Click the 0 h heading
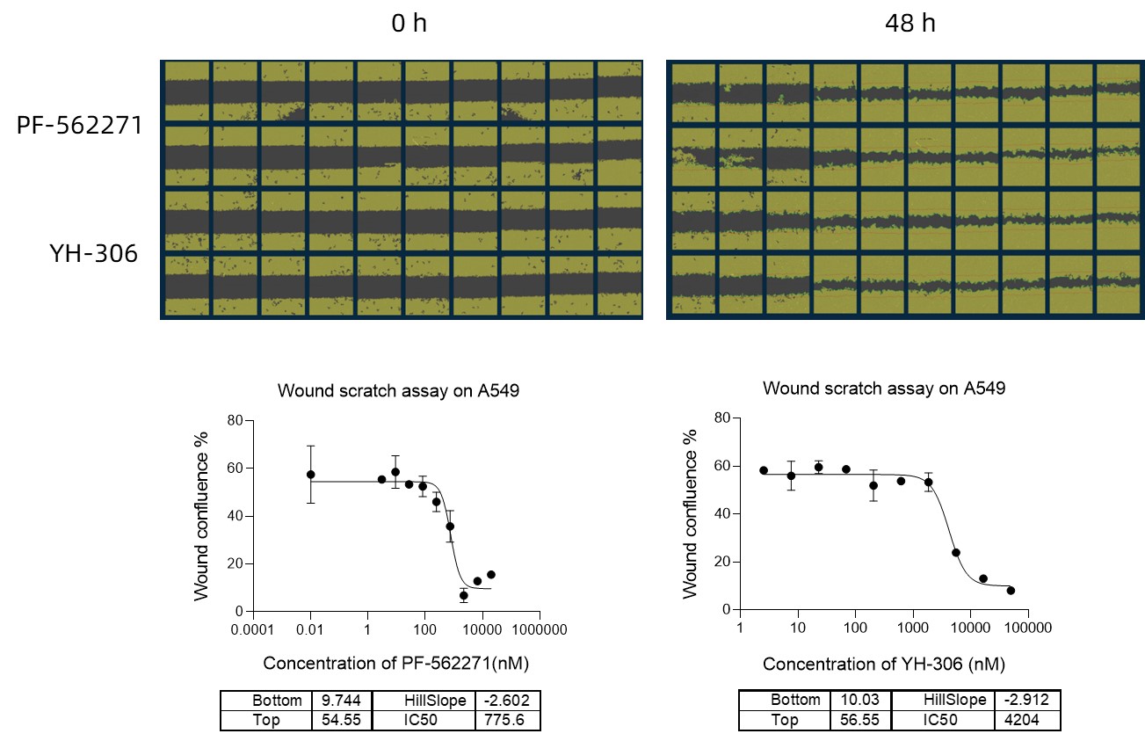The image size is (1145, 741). click(x=409, y=24)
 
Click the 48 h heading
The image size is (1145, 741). click(x=910, y=24)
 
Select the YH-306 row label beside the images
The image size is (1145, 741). click(x=94, y=255)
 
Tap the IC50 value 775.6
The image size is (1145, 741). click(x=507, y=720)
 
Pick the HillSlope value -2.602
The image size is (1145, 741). click(x=507, y=701)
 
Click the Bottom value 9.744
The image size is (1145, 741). click(x=337, y=701)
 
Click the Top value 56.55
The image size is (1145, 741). click(x=856, y=720)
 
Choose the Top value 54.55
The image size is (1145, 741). click(x=337, y=720)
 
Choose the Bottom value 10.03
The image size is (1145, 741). click(x=856, y=700)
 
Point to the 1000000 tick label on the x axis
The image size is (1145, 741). click(x=539, y=630)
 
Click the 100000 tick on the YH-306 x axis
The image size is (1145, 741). click(x=1027, y=628)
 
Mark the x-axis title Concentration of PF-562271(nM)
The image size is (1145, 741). click(x=395, y=663)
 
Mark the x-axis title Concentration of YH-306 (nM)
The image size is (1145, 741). click(x=883, y=663)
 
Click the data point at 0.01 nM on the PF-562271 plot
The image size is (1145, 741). click(x=310, y=475)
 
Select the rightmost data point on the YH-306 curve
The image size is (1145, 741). click(x=1011, y=590)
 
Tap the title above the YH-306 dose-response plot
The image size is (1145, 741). click(x=883, y=388)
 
